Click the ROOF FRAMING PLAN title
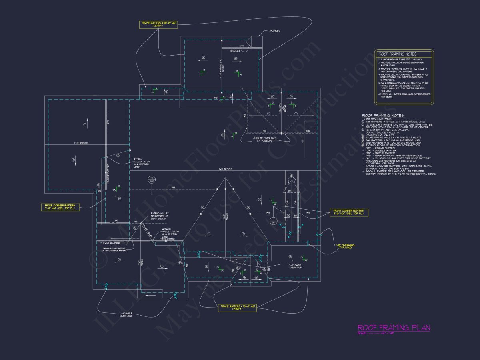(394, 328)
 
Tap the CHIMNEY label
(275, 31)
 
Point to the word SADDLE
(235, 51)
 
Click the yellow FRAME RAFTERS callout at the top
(159, 24)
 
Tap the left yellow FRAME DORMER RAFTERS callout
(60, 207)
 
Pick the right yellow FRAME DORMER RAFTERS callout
(348, 212)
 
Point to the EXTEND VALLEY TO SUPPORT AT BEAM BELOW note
(160, 216)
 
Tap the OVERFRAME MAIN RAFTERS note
(115, 249)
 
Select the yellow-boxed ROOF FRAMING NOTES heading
(398, 54)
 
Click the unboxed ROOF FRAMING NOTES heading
(383, 116)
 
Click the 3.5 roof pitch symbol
(114, 190)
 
